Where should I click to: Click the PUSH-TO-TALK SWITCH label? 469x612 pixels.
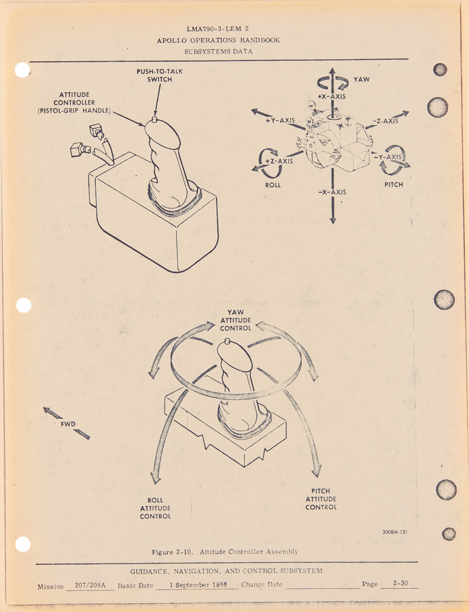point(159,75)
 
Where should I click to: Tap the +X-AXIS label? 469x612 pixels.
point(332,96)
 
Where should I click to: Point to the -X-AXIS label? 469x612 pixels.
point(332,192)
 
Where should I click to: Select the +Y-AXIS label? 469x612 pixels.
point(280,121)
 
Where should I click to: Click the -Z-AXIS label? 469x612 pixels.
point(386,121)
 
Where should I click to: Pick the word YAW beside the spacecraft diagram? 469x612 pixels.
point(362,80)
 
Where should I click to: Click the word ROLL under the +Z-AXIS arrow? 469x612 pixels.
point(273,185)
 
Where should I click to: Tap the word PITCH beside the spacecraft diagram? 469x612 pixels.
point(394,185)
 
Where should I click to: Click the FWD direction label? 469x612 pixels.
point(68,424)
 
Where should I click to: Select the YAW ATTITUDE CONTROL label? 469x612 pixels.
point(236,320)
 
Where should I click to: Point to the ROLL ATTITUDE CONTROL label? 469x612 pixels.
point(155,508)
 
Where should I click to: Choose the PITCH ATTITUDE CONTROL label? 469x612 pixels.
point(321,499)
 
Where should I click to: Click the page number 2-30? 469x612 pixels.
point(401,583)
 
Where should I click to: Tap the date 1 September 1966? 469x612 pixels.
point(198,585)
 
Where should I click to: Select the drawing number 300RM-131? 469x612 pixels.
point(395,532)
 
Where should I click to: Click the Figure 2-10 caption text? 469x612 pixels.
point(225,552)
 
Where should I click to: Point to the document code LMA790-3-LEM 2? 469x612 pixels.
point(218,29)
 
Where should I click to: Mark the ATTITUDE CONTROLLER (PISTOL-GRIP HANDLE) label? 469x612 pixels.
point(74,103)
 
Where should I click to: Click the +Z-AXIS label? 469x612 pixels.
point(279,161)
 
